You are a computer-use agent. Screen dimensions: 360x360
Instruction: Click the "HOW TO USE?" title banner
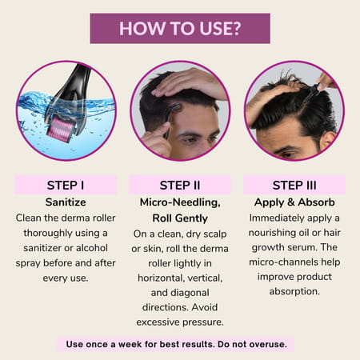(180, 28)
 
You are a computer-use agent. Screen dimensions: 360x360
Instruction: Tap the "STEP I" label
(66, 186)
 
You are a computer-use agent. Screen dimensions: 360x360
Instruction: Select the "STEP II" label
(180, 186)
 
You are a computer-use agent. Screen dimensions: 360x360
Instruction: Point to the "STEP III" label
(294, 186)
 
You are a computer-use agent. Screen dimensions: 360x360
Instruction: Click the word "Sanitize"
(66, 202)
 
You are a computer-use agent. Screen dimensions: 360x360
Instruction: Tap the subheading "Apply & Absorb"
(294, 202)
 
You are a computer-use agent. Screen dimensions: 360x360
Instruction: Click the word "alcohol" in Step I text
(92, 248)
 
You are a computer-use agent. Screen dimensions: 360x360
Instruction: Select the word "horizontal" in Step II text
(158, 278)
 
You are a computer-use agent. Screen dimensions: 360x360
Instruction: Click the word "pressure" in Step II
(203, 322)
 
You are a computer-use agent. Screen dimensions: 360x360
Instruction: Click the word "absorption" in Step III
(294, 291)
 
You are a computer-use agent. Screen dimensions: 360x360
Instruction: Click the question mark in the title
(236, 28)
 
